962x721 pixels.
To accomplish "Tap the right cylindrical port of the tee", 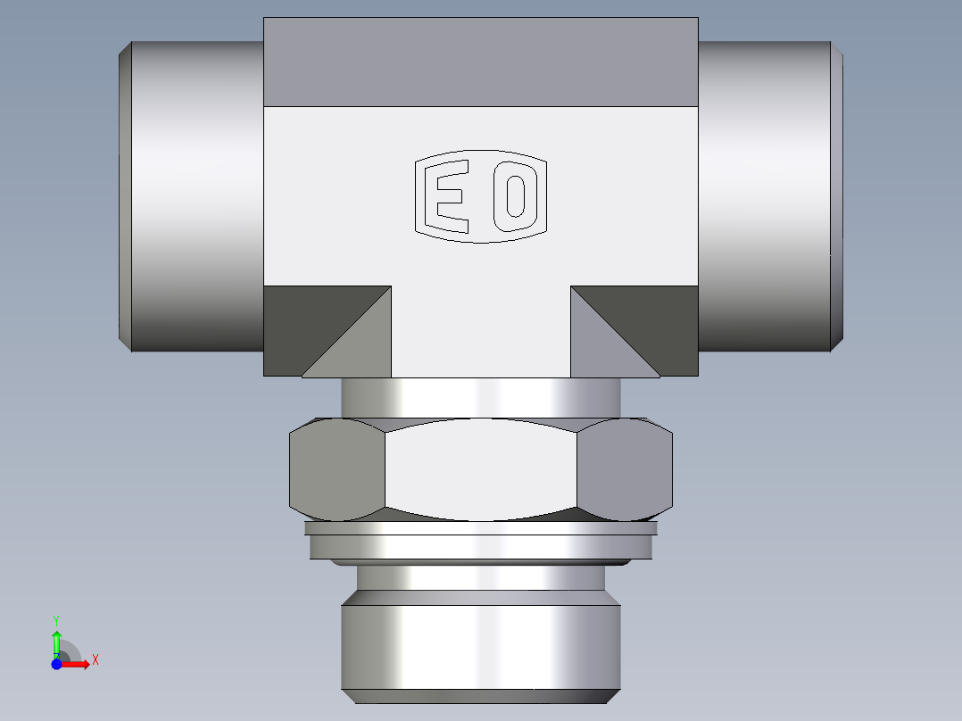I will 767,196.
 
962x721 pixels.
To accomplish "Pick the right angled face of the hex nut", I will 624,469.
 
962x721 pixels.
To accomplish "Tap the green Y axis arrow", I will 56,641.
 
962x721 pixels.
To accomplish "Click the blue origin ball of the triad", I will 56,664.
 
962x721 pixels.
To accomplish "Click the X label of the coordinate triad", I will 95,660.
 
